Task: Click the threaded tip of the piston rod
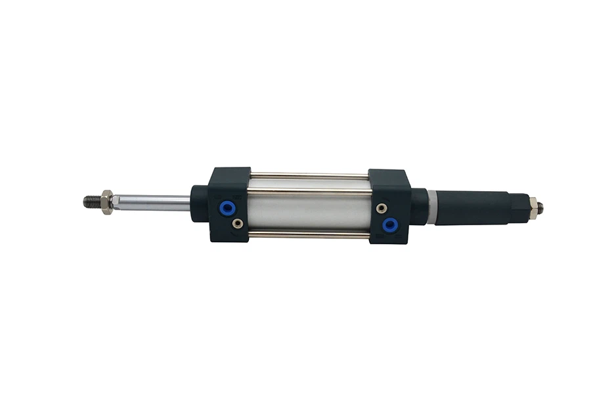pyautogui.click(x=91, y=201)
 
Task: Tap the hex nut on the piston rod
pyautogui.click(x=107, y=202)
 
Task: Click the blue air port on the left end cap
pyautogui.click(x=228, y=208)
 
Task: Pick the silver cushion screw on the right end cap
pyautogui.click(x=382, y=208)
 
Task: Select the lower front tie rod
pyautogui.click(x=309, y=234)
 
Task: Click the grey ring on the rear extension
pyautogui.click(x=431, y=206)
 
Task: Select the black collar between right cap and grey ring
pyautogui.click(x=419, y=206)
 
